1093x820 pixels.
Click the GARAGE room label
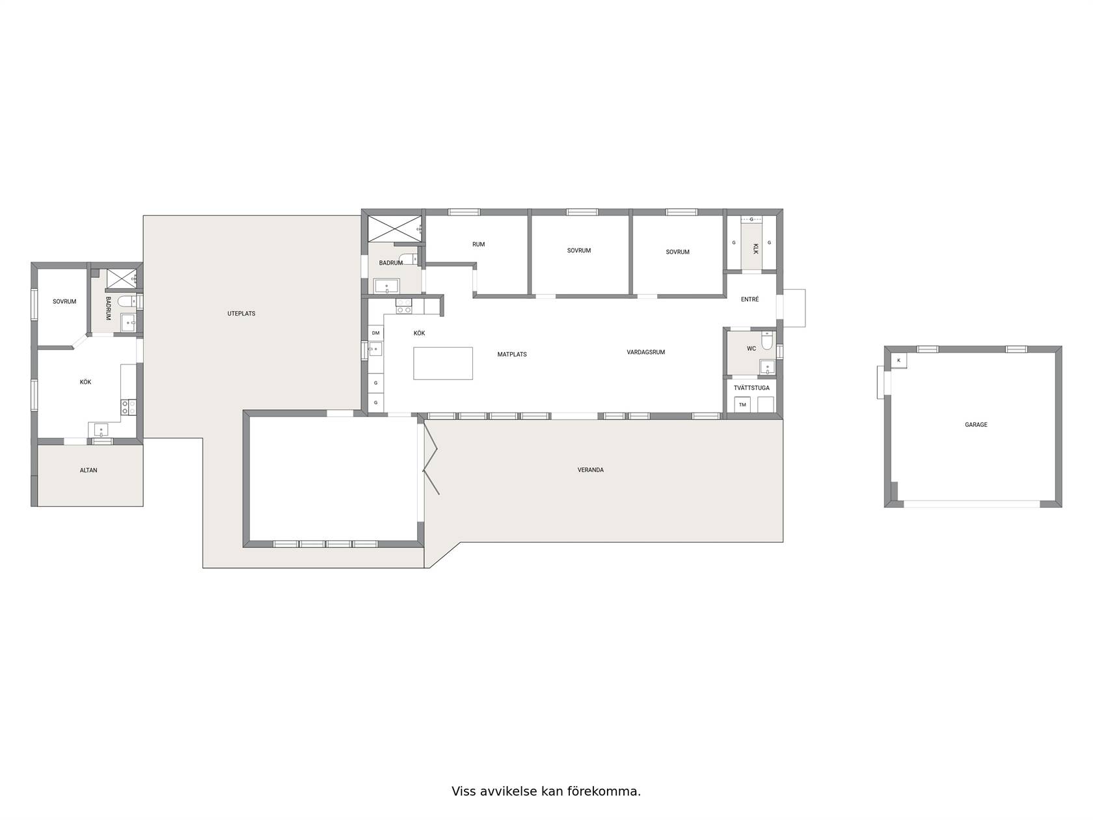pyautogui.click(x=975, y=425)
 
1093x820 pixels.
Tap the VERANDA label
pyautogui.click(x=591, y=469)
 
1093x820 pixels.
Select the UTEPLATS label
pyautogui.click(x=241, y=313)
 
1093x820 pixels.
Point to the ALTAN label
pyautogui.click(x=88, y=470)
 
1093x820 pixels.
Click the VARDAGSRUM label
pyautogui.click(x=646, y=352)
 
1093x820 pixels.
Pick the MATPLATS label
pyautogui.click(x=512, y=354)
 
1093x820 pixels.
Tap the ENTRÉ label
pyautogui.click(x=749, y=299)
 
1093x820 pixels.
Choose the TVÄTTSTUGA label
pyautogui.click(x=751, y=387)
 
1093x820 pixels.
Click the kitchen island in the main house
pyautogui.click(x=442, y=363)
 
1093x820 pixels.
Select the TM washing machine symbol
pyautogui.click(x=742, y=404)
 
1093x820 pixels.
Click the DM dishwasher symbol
pyautogui.click(x=375, y=333)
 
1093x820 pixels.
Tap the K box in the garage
pyautogui.click(x=898, y=361)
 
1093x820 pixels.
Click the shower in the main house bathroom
pyautogui.click(x=394, y=228)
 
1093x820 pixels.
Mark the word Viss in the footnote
pyautogui.click(x=463, y=791)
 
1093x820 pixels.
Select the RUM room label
pyautogui.click(x=478, y=244)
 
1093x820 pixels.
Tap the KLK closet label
pyautogui.click(x=755, y=249)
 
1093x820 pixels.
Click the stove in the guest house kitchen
pyautogui.click(x=128, y=407)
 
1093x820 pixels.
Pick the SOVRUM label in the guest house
pyautogui.click(x=64, y=301)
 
